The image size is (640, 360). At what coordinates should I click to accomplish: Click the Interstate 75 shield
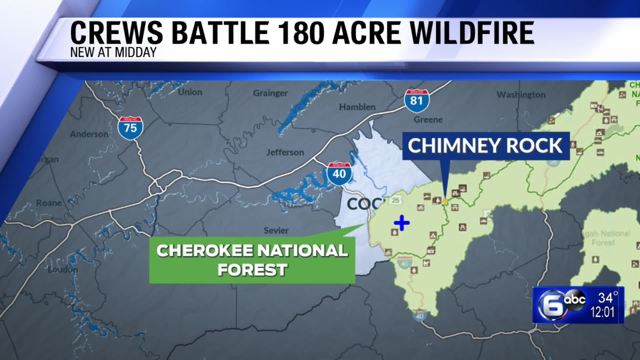pyautogui.click(x=130, y=128)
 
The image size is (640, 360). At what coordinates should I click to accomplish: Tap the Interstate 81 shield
pyautogui.click(x=417, y=100)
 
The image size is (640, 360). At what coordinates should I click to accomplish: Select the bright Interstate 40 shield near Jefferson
pyautogui.click(x=339, y=174)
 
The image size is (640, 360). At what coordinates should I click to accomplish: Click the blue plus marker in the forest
pyautogui.click(x=402, y=223)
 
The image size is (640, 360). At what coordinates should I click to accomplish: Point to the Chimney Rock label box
pyautogui.click(x=486, y=146)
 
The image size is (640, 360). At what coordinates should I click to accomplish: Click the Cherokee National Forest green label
pyautogui.click(x=252, y=260)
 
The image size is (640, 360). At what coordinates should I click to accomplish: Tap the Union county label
pyautogui.click(x=190, y=92)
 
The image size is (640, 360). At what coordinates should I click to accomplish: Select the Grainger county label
pyautogui.click(x=270, y=93)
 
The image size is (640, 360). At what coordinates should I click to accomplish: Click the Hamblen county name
pyautogui.click(x=357, y=107)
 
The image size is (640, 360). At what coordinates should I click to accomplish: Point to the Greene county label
pyautogui.click(x=428, y=119)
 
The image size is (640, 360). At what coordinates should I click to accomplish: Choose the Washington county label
pyautogui.click(x=521, y=95)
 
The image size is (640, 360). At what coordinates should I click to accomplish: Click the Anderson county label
pyautogui.click(x=89, y=134)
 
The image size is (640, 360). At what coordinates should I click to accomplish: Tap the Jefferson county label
pyautogui.click(x=285, y=152)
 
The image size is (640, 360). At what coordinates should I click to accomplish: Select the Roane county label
pyautogui.click(x=49, y=203)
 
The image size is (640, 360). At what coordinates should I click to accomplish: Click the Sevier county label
pyautogui.click(x=276, y=230)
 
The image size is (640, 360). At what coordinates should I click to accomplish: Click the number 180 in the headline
pyautogui.click(x=301, y=33)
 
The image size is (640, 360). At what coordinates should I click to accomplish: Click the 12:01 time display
pyautogui.click(x=602, y=312)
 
